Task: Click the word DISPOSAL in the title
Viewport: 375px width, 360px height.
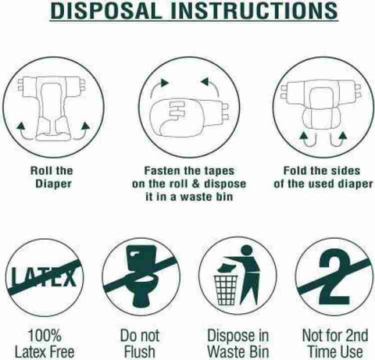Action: [x=106, y=10]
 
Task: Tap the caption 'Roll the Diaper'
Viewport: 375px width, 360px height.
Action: [x=52, y=177]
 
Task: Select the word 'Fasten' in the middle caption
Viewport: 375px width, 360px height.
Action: [x=161, y=171]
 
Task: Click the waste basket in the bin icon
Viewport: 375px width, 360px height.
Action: [x=226, y=290]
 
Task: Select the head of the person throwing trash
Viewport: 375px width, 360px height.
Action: [x=247, y=251]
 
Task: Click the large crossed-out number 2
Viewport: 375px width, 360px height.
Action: [x=334, y=276]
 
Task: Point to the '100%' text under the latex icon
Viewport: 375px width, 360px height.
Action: [x=45, y=335]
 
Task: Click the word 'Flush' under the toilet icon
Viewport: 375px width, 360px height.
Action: [x=140, y=351]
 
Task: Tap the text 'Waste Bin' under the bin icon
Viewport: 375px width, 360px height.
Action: [x=238, y=351]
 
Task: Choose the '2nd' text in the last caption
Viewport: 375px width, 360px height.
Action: [x=356, y=335]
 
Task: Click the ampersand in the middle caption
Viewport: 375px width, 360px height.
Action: [x=195, y=184]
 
